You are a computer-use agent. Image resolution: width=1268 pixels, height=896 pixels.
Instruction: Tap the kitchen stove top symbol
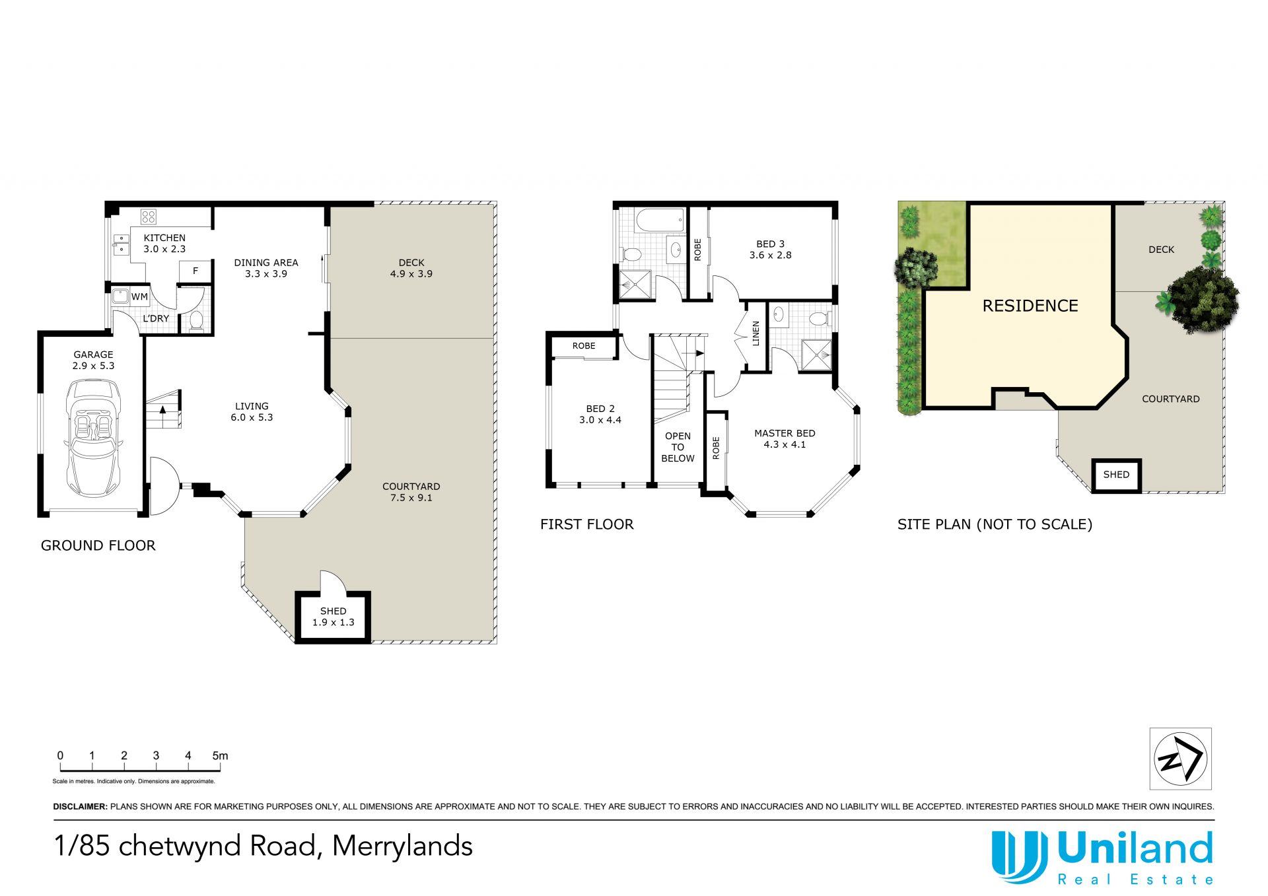[149, 217]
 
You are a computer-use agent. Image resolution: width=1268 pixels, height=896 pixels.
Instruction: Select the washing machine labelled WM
[120, 296]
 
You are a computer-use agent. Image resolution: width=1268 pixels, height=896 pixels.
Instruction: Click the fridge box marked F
[195, 271]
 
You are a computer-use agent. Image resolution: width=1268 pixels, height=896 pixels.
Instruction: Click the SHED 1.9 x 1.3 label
[334, 617]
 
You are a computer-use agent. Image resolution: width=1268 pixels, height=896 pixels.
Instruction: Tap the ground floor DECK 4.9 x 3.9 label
[411, 268]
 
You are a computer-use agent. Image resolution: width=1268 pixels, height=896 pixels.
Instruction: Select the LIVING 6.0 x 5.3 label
[252, 411]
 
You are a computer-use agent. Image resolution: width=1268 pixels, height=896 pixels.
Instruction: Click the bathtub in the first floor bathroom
[660, 221]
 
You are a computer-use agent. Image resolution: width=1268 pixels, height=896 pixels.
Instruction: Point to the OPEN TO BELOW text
[678, 447]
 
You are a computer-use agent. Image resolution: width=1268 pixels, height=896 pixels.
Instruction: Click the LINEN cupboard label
[756, 333]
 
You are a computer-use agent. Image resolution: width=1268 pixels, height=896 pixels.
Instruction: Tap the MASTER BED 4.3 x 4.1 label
[785, 438]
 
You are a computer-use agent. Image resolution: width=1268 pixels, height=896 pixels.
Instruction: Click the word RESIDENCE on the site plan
[1030, 306]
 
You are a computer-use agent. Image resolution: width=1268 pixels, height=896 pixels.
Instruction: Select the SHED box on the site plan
[1116, 475]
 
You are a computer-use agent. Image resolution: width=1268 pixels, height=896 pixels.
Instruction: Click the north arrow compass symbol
[1180, 759]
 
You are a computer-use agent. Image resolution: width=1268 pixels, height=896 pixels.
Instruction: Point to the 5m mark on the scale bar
[220, 756]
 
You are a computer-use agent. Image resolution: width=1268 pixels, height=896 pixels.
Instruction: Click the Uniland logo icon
[1019, 856]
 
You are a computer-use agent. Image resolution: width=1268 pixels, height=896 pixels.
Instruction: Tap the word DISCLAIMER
[80, 806]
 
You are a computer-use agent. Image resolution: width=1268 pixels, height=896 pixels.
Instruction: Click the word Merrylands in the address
[402, 846]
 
